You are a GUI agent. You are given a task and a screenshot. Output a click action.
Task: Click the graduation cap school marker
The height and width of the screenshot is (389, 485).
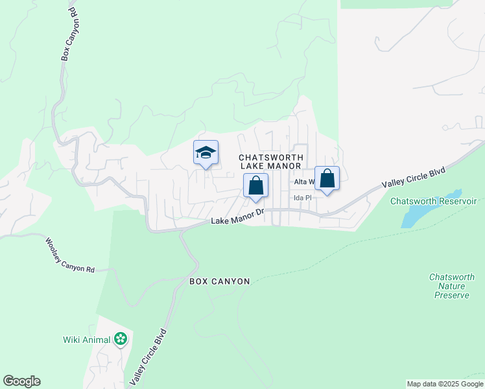click(206, 153)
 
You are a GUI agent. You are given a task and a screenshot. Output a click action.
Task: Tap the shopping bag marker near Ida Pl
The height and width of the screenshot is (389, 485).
click(327, 178)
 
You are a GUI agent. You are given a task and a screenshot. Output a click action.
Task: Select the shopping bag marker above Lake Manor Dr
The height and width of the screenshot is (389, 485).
click(256, 185)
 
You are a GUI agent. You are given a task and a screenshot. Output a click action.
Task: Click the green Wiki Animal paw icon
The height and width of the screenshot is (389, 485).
click(120, 338)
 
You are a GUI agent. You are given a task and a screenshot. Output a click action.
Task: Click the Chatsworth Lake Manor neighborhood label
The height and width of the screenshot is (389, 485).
click(270, 161)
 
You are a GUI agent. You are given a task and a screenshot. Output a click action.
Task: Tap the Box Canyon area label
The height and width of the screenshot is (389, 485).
click(219, 281)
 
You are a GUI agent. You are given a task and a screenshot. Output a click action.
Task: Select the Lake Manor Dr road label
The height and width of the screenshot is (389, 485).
click(238, 217)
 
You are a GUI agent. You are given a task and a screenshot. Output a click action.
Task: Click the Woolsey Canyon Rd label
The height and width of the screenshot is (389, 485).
click(70, 255)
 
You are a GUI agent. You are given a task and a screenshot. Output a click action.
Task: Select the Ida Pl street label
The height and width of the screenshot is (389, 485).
click(303, 198)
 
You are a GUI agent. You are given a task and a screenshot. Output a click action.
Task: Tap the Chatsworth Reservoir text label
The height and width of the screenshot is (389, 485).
click(433, 202)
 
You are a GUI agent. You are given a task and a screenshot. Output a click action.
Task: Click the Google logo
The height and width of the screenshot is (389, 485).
click(21, 381)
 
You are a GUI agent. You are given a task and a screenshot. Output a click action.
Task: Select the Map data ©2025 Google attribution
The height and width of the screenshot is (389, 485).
click(444, 384)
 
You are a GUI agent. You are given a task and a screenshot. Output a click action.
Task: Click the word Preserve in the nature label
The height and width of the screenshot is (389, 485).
click(451, 295)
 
